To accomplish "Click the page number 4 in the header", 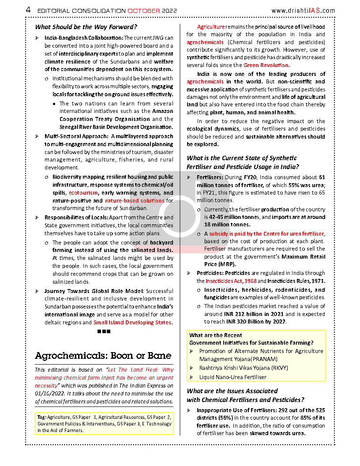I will click(x=28, y=10).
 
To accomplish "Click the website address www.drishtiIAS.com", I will click(x=303, y=11).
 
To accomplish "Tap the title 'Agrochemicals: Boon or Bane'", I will click(x=103, y=356).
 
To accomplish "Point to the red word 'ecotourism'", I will click(x=83, y=193).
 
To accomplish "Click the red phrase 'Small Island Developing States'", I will click(x=132, y=323).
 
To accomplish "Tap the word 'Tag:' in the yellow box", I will click(x=42, y=417).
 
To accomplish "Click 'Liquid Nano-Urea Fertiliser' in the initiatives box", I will click(x=232, y=377).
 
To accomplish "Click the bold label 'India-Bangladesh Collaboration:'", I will click(x=83, y=38).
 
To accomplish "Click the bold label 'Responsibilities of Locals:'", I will click(x=76, y=218).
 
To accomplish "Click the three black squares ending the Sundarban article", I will click(x=103, y=331).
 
